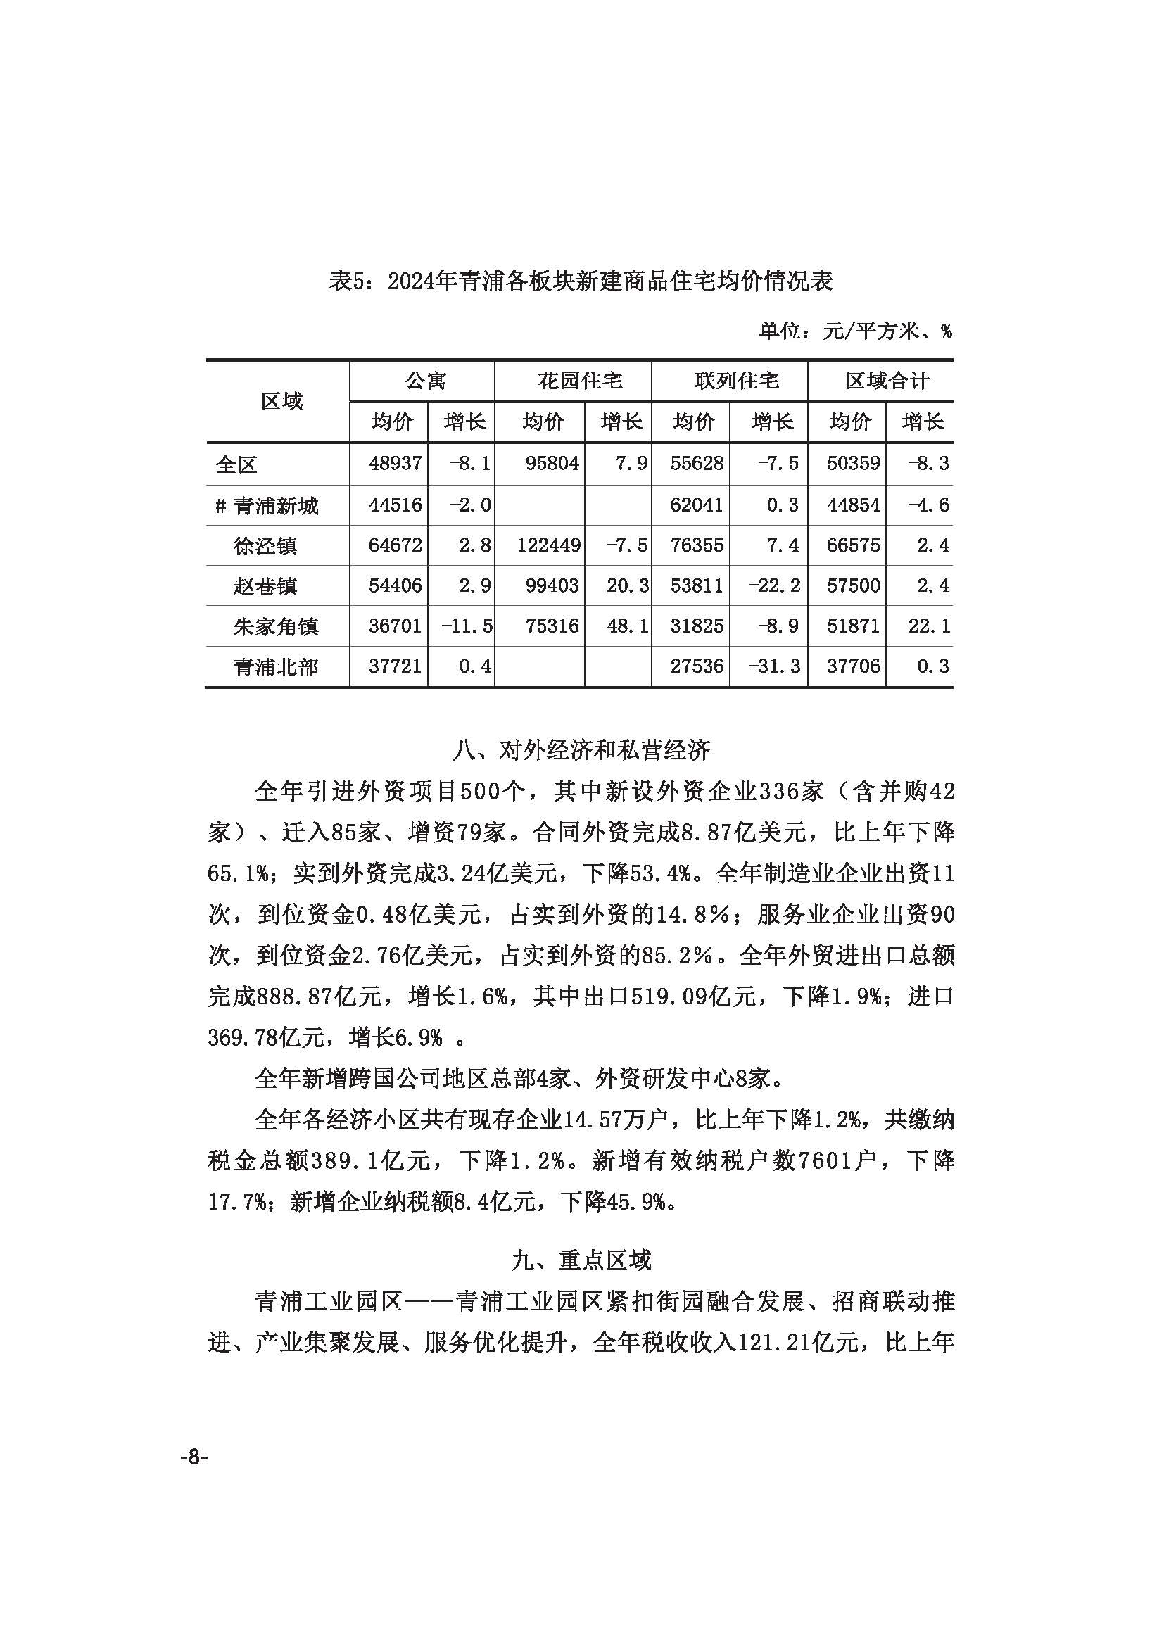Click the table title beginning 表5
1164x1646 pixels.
pos(581,281)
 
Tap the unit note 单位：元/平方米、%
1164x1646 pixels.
pos(855,331)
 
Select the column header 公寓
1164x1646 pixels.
pos(426,381)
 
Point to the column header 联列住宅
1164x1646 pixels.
pos(736,381)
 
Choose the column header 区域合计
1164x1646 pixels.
pos(887,381)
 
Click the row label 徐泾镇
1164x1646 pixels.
pos(265,546)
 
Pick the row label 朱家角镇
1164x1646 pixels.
pos(275,626)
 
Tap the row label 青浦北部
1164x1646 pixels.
pos(275,667)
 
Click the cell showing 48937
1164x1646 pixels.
pos(395,463)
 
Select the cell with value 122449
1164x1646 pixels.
pos(548,545)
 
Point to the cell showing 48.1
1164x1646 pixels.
pos(627,626)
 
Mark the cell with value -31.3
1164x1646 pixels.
pos(773,666)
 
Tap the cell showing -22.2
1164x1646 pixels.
pos(773,586)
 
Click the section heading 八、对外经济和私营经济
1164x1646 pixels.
pos(581,750)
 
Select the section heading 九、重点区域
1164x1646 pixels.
pos(581,1260)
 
